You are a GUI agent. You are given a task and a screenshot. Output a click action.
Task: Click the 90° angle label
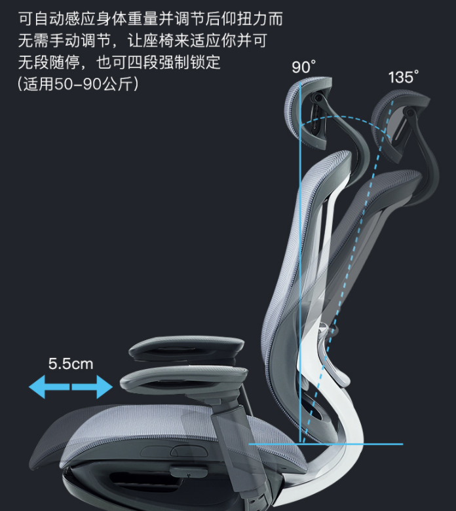[303, 67]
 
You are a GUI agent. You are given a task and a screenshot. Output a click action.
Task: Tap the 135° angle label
[402, 77]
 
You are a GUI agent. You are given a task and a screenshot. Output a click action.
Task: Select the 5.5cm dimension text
[71, 364]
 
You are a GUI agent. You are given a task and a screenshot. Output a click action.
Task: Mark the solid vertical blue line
[300, 262]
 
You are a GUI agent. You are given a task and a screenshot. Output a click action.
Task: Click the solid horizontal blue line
[328, 444]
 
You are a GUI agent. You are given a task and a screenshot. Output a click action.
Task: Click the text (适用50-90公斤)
[78, 85]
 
